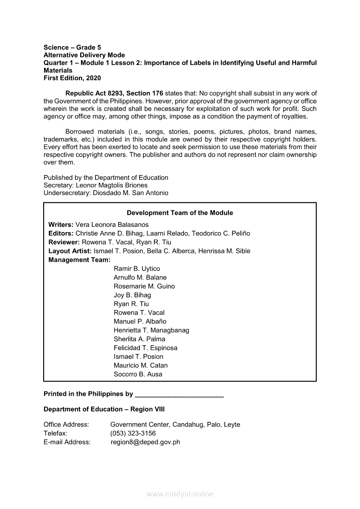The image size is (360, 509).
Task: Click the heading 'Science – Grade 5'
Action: (x=72, y=47)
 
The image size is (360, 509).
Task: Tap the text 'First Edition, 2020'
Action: (x=72, y=78)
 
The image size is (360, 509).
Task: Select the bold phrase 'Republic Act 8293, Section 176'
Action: (x=114, y=93)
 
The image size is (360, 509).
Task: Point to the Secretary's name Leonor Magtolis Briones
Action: (x=112, y=185)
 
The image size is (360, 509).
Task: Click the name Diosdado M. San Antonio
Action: (x=130, y=193)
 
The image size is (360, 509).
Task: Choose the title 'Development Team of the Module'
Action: (x=180, y=213)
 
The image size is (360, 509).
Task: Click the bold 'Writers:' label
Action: (x=61, y=225)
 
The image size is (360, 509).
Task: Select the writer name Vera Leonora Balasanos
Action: (x=112, y=225)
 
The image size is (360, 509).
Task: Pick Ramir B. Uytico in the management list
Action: (x=137, y=269)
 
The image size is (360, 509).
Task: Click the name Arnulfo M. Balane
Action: (x=140, y=277)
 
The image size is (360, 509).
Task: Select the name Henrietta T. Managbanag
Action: (x=151, y=330)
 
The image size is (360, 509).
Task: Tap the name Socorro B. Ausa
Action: (x=138, y=374)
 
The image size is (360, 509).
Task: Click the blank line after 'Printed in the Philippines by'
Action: (x=179, y=394)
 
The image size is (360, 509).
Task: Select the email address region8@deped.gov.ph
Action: (x=146, y=442)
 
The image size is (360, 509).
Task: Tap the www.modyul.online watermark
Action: (x=180, y=494)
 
